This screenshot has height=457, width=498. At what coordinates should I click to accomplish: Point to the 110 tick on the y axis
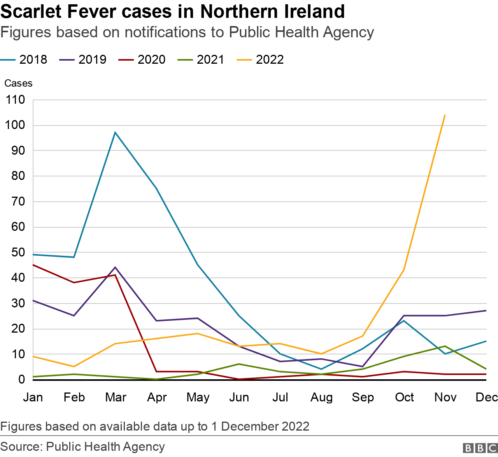click(x=16, y=100)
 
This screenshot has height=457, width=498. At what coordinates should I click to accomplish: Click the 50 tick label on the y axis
click(x=18, y=252)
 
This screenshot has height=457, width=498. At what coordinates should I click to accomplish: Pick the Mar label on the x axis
click(x=116, y=397)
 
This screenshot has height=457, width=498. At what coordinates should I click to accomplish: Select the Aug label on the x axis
click(x=321, y=397)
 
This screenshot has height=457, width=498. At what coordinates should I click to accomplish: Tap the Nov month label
click(x=445, y=397)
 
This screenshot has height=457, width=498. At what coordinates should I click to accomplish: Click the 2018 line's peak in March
click(x=115, y=133)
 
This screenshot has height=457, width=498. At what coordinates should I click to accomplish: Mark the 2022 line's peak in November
click(x=445, y=115)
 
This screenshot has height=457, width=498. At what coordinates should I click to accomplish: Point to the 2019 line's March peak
click(x=115, y=267)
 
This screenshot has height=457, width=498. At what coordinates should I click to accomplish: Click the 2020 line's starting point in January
click(x=33, y=265)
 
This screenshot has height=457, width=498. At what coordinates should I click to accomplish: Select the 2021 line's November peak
click(x=445, y=346)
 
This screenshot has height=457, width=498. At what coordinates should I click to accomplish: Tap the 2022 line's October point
click(x=404, y=270)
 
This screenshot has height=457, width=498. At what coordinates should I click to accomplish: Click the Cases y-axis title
click(x=18, y=83)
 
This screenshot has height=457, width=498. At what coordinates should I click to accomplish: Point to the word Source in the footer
click(x=21, y=447)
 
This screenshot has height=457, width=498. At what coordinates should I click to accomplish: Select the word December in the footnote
click(x=250, y=426)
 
